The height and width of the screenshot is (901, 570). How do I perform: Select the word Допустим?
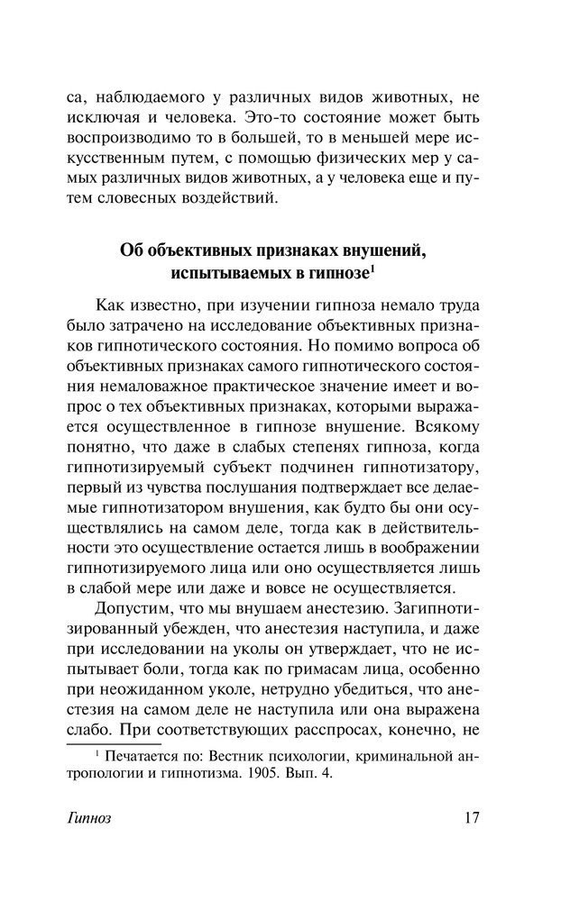click(134, 612)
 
